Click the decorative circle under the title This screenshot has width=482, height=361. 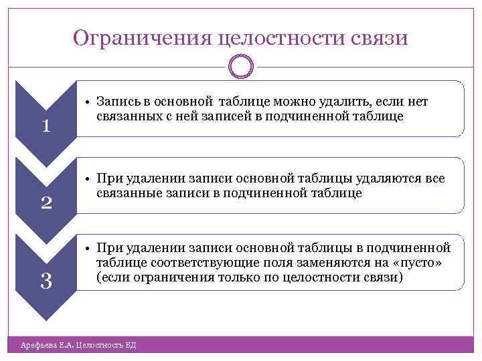click(x=241, y=66)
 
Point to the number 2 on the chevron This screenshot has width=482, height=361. click(x=46, y=202)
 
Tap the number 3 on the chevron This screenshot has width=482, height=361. click(x=46, y=281)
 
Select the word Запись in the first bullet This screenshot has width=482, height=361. click(x=117, y=102)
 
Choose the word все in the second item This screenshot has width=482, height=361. click(x=432, y=179)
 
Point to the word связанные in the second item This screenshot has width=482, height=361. click(x=130, y=193)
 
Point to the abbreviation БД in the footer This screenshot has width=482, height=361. click(x=131, y=345)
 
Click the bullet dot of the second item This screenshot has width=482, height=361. click(x=88, y=179)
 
